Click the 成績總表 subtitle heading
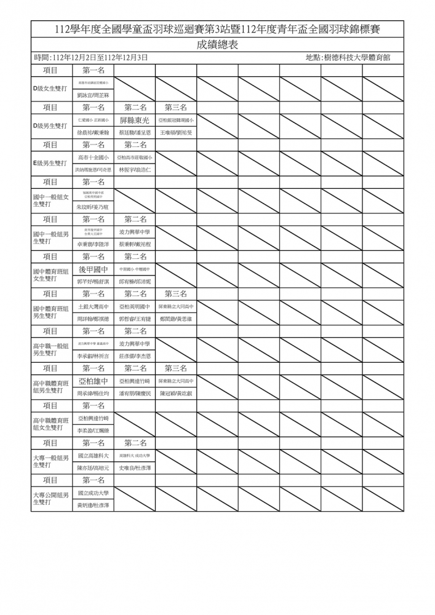point(217,44)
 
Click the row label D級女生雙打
point(50,89)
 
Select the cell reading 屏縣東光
point(134,121)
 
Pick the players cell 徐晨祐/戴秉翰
point(93,132)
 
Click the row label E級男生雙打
point(50,163)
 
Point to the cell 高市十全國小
point(93,157)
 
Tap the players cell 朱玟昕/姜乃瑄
point(93,207)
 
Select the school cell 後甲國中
point(93,269)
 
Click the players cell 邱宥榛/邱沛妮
point(134,282)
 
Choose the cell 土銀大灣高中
point(93,306)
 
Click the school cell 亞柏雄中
point(93,381)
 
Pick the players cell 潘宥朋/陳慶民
point(134,393)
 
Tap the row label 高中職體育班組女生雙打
point(51,424)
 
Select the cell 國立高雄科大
point(93,456)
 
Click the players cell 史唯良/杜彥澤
point(134,468)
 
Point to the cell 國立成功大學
point(93,493)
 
